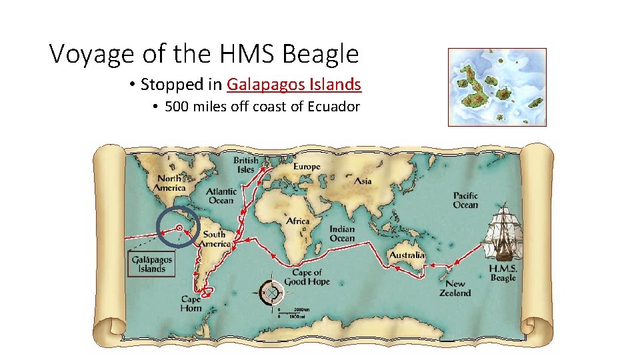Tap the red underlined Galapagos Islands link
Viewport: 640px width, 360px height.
click(294, 85)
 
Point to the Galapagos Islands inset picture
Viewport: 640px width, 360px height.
click(497, 87)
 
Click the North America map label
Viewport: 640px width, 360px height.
click(170, 183)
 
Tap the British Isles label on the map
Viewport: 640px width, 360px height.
click(246, 165)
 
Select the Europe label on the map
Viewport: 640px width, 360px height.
click(306, 167)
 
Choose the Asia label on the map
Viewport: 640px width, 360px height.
click(363, 181)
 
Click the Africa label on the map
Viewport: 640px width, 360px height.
click(298, 221)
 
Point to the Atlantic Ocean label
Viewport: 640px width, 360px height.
click(221, 196)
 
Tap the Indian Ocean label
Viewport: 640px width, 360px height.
click(342, 234)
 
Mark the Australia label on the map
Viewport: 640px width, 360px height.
click(407, 255)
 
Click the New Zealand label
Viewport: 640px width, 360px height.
click(455, 288)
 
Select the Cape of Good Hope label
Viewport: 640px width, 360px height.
click(307, 277)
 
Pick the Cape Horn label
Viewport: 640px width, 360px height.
click(191, 303)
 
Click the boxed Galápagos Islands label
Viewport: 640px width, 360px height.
click(151, 264)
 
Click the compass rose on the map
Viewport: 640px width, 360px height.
click(271, 291)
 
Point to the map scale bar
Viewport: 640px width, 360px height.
click(291, 313)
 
